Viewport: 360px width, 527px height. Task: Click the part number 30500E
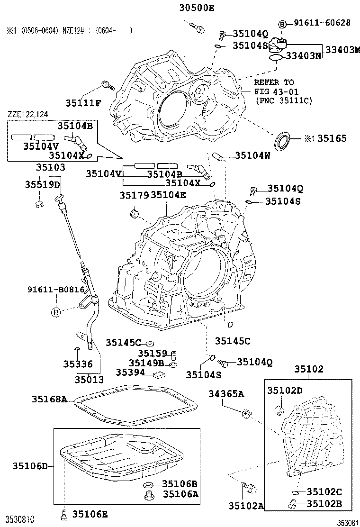tap(197, 7)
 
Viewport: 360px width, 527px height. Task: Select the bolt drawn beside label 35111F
tap(108, 86)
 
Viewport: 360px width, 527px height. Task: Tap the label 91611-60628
tap(322, 23)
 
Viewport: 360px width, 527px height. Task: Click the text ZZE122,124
tap(27, 114)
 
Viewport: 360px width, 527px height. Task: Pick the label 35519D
tap(43, 184)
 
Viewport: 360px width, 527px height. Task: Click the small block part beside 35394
tap(158, 374)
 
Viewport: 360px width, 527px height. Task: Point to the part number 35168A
tap(49, 399)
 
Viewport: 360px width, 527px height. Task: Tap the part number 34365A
tap(227, 393)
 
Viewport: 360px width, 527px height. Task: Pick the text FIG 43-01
tap(274, 91)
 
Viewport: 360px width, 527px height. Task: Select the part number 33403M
tap(341, 49)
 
